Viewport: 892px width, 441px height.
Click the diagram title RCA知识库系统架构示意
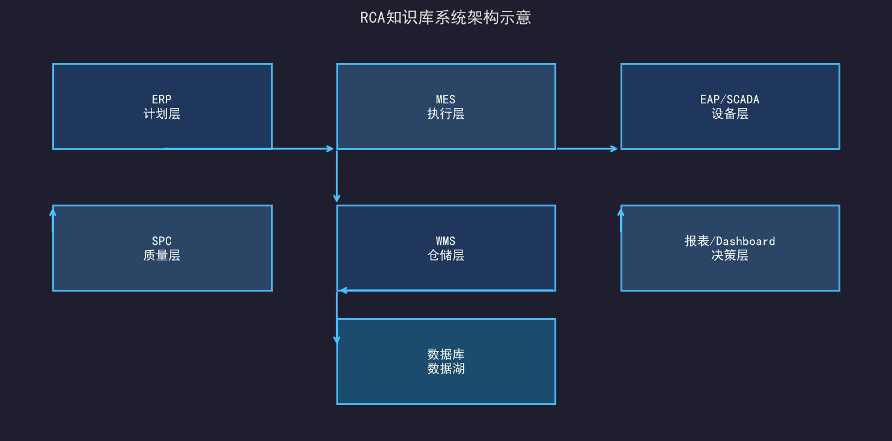pos(446,17)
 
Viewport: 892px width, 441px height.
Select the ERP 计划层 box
pos(162,107)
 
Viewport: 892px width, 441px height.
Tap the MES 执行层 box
pos(446,107)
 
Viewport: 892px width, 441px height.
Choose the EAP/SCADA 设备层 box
pos(730,107)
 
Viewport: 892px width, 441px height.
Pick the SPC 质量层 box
pos(162,248)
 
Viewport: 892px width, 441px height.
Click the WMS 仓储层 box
pos(446,248)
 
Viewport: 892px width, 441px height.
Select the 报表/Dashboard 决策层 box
pos(730,248)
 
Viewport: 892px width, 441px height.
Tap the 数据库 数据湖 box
pos(446,361)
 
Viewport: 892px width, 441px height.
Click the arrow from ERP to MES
pos(249,149)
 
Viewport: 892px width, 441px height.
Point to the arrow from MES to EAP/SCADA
pos(587,149)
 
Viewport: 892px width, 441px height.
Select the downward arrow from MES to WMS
pos(337,176)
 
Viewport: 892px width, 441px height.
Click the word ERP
pos(162,99)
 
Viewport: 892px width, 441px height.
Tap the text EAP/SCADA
pos(730,99)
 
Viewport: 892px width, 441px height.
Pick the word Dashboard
pos(745,241)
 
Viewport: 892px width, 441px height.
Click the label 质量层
pos(162,255)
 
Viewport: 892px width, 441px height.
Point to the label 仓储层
pos(446,255)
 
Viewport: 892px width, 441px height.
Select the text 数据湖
pos(446,368)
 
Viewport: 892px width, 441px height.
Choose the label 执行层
pos(446,114)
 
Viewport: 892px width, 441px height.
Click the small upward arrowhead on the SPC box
pos(53,213)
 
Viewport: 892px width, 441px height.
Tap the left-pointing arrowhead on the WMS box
pos(343,290)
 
